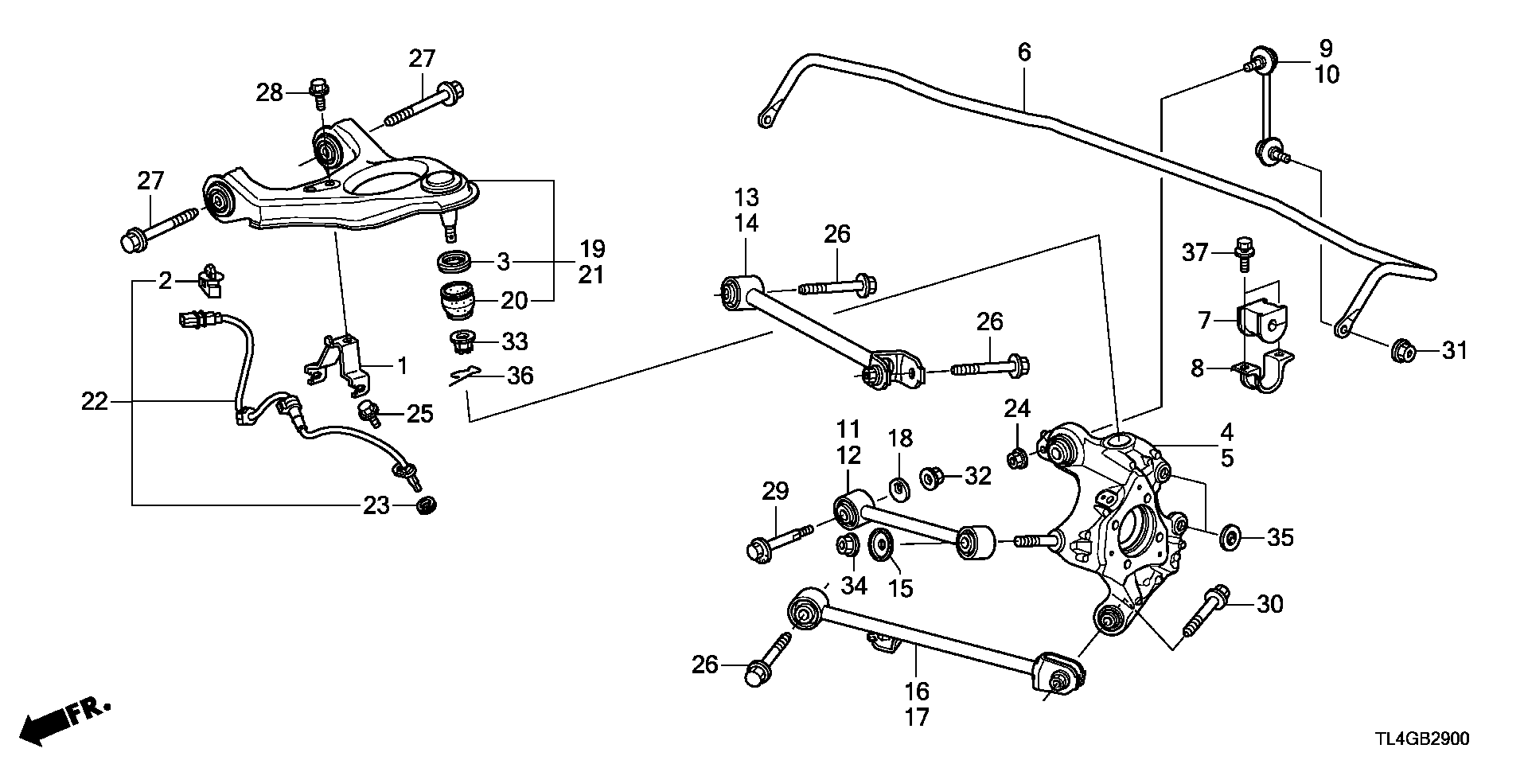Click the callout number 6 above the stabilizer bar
1024,53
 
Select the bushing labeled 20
457,301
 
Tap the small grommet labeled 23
427,505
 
